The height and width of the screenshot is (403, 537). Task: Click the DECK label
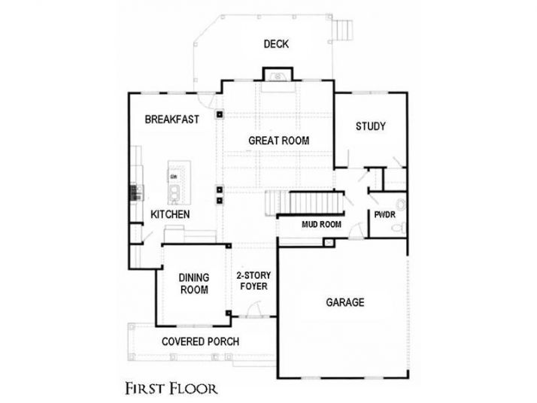pyautogui.click(x=276, y=44)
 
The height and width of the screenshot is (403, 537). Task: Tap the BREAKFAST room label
pyautogui.click(x=171, y=119)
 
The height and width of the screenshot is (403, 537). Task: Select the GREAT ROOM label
pyautogui.click(x=279, y=141)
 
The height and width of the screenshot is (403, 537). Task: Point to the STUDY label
pyautogui.click(x=370, y=126)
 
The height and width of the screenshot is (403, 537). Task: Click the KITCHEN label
pyautogui.click(x=170, y=215)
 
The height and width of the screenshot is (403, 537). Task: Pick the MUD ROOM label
pyautogui.click(x=322, y=225)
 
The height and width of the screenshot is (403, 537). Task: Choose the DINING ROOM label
pyautogui.click(x=193, y=283)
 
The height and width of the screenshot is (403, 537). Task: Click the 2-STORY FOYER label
pyautogui.click(x=252, y=280)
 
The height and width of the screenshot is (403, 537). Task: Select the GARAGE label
pyautogui.click(x=344, y=303)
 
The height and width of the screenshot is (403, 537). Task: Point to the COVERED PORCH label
pyautogui.click(x=201, y=342)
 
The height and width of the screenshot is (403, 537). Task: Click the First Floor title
pyautogui.click(x=171, y=389)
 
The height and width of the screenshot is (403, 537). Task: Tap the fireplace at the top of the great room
pyautogui.click(x=275, y=74)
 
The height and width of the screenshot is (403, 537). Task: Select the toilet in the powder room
pyautogui.click(x=401, y=206)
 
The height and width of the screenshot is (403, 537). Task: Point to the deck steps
pyautogui.click(x=344, y=29)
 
